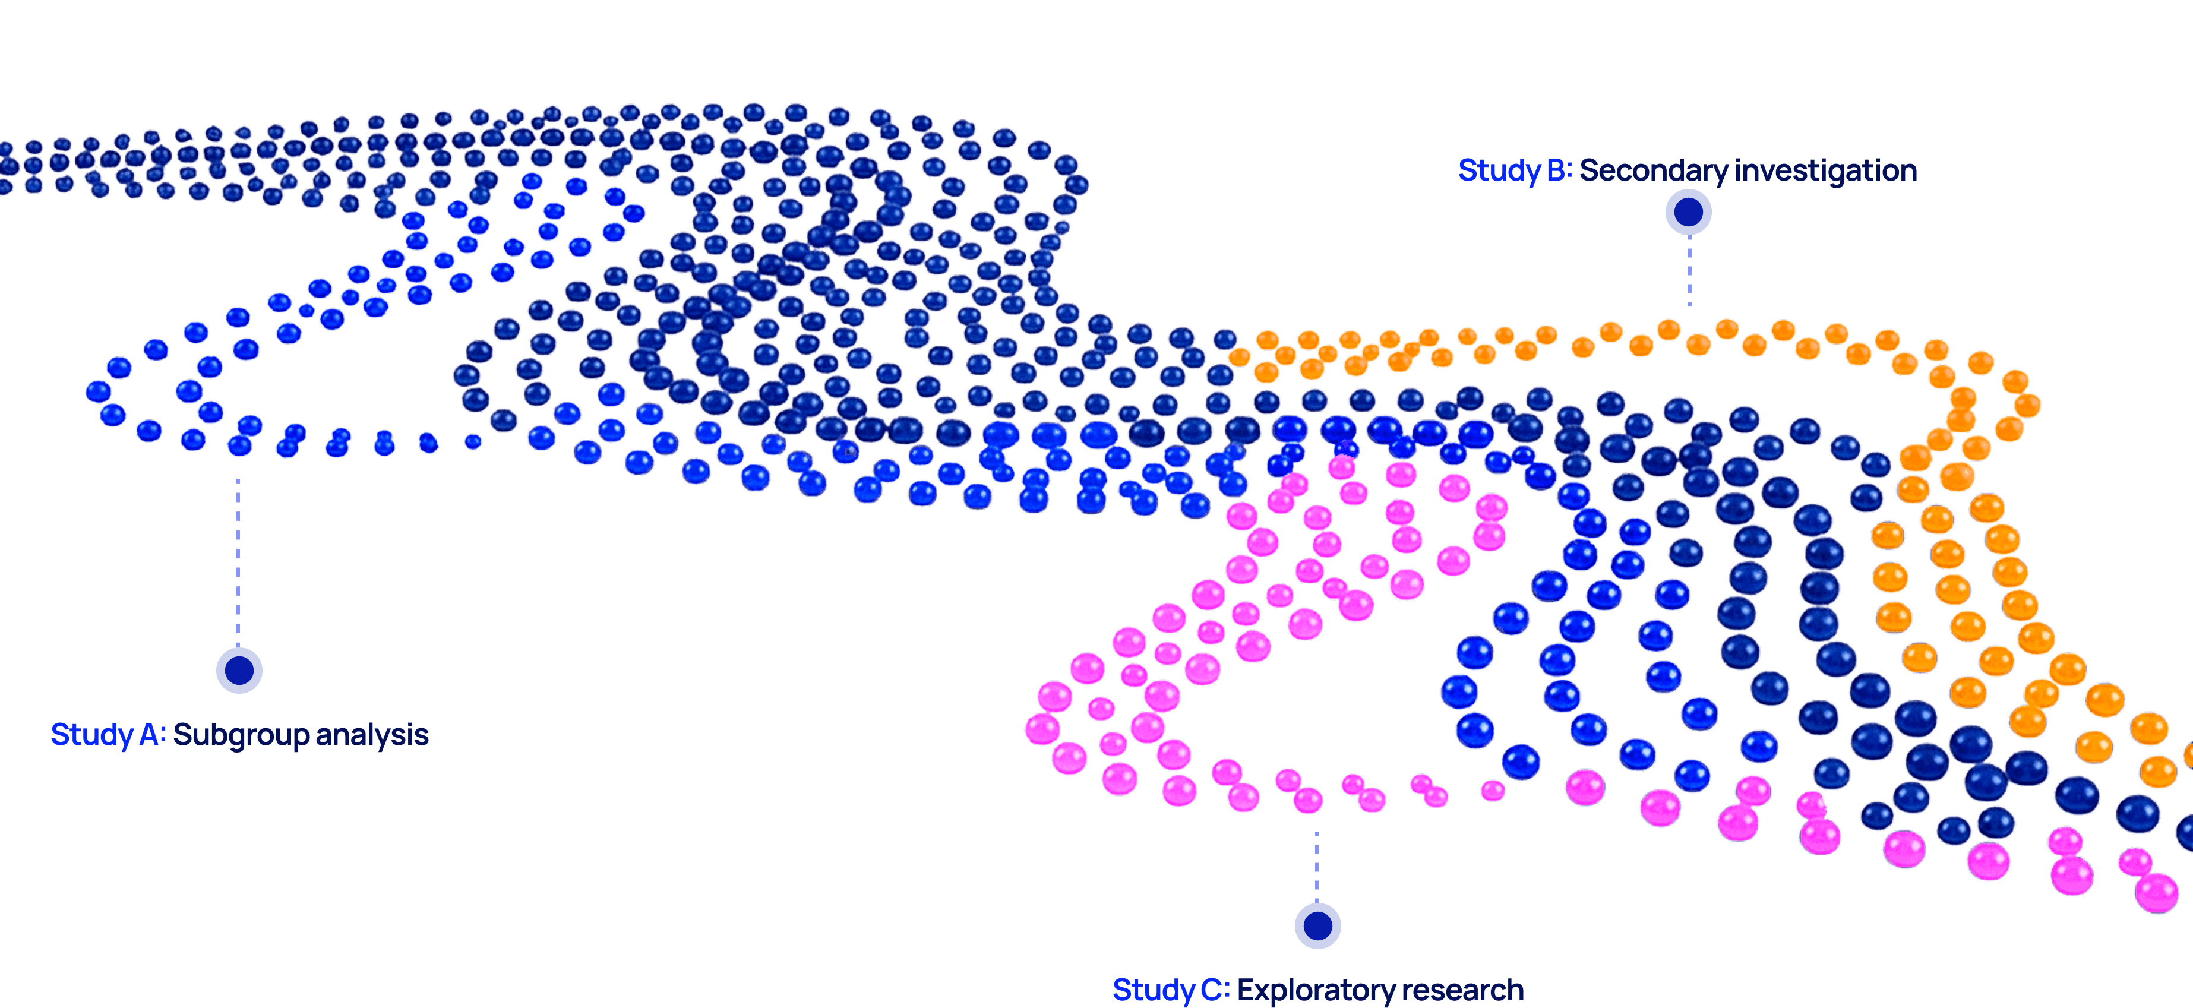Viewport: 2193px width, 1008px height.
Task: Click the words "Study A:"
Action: click(108, 734)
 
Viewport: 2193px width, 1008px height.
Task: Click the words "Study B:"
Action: click(1515, 170)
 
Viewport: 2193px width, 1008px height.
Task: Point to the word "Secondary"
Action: click(1653, 170)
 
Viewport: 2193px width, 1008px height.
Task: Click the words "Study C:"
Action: click(1171, 989)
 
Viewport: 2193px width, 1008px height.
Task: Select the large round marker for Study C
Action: click(1317, 925)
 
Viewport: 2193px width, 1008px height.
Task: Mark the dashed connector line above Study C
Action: click(1316, 864)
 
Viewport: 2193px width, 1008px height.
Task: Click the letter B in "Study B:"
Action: click(1557, 170)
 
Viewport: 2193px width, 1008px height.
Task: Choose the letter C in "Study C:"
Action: click(1212, 989)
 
